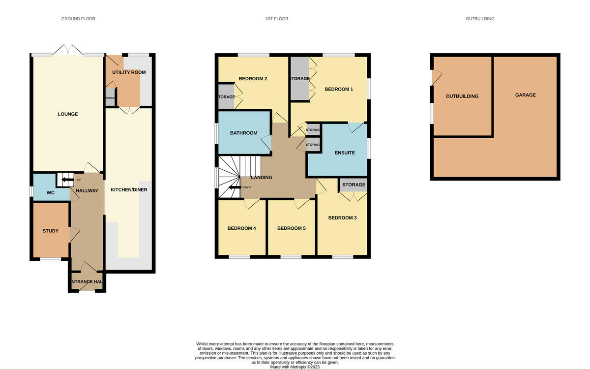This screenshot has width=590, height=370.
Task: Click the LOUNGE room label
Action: [68, 114]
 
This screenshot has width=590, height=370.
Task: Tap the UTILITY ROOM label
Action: [129, 72]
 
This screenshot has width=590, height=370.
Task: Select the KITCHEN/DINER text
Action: [129, 189]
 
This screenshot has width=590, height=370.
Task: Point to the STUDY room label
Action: [50, 231]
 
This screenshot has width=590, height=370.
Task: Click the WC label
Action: [50, 192]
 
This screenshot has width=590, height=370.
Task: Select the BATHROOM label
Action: [243, 133]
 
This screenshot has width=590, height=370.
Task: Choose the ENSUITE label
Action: [345, 153]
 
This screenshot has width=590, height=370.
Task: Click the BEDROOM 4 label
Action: [241, 228]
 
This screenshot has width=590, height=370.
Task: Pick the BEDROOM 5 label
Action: [291, 228]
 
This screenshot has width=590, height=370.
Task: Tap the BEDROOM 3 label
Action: [342, 218]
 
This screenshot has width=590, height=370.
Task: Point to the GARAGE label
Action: [525, 95]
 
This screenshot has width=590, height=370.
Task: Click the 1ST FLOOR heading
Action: [276, 19]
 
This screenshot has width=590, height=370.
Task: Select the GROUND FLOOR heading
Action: [78, 19]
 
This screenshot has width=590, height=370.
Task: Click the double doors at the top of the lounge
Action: [69, 50]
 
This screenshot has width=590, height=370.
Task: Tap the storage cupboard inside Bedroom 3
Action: [354, 185]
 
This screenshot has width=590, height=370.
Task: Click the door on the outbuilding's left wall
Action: [435, 78]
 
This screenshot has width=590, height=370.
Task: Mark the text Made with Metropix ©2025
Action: [295, 367]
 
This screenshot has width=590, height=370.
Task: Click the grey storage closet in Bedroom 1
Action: [299, 79]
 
